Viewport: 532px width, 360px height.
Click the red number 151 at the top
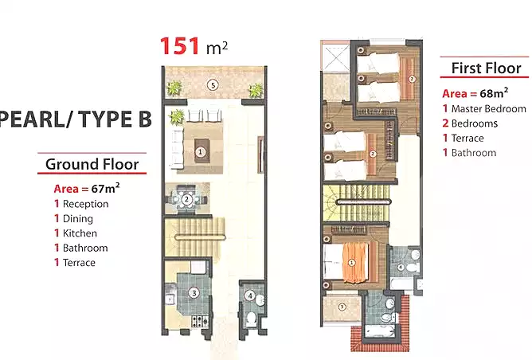179,46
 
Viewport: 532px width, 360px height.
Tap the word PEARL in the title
32,119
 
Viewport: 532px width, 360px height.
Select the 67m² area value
105,188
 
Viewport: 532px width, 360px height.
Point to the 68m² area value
494,92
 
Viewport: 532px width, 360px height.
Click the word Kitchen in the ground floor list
80,233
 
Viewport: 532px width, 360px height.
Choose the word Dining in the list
78,219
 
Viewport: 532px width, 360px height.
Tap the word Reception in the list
85,204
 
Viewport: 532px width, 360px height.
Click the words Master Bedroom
488,109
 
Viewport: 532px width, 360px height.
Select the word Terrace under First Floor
467,138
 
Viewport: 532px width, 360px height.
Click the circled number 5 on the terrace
213,85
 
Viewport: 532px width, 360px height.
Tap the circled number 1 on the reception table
200,151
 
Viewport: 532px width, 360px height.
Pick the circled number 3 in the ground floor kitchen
194,293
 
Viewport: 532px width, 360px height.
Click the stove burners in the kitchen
200,321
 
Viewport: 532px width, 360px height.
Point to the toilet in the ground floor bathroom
252,318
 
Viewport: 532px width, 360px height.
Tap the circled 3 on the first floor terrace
342,307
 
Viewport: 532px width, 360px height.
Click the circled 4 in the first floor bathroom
401,268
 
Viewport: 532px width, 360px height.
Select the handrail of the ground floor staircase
200,237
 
